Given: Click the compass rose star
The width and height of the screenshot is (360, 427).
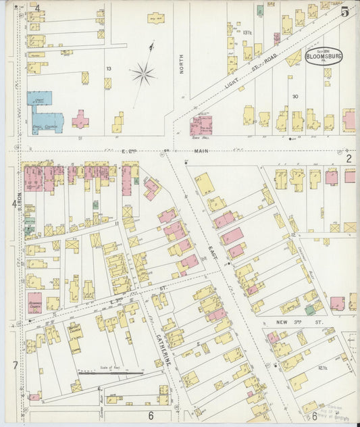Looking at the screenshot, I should coord(144,73).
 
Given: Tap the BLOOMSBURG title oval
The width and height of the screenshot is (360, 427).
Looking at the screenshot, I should coord(324,55).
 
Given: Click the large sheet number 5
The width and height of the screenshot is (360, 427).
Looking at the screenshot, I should coord(344,11).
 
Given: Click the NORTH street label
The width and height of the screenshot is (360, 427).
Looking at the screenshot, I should coord(182,64).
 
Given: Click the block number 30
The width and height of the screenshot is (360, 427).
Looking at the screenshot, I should coord(295,97).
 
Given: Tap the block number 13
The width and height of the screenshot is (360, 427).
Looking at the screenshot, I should coord(108,68).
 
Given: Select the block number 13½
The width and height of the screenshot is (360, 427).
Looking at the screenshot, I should coord(247,32).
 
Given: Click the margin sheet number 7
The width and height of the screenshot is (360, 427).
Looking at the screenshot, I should coord(15,366).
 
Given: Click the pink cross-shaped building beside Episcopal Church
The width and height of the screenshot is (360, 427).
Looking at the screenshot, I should coord(80,121).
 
